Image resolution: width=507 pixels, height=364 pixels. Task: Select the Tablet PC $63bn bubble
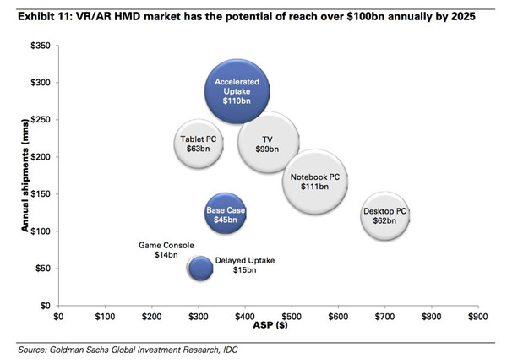199,144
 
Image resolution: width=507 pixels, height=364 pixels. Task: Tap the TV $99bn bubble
267,144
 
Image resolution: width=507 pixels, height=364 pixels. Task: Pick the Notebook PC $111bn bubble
314,182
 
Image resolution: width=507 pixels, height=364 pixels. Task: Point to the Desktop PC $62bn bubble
384,216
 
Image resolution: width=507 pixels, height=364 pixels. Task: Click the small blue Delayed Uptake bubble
199,268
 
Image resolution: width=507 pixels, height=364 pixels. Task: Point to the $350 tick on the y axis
39,46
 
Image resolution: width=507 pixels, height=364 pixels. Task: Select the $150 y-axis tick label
39,194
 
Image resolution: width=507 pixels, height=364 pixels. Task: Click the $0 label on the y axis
44,306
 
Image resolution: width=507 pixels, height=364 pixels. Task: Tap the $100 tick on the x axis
105,318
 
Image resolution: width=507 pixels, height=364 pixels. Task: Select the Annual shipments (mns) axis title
11,175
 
